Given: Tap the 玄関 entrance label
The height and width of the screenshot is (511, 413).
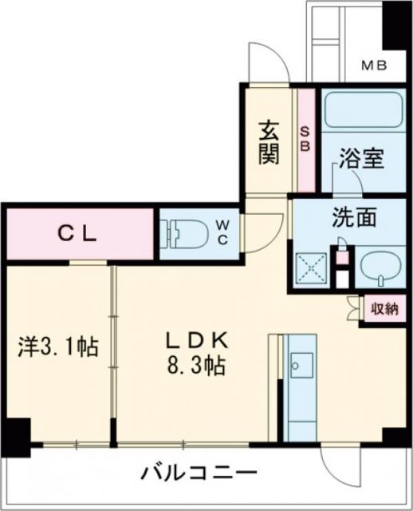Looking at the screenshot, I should (269, 141).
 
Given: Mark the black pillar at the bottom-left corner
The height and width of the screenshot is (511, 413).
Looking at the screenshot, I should (14, 435).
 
